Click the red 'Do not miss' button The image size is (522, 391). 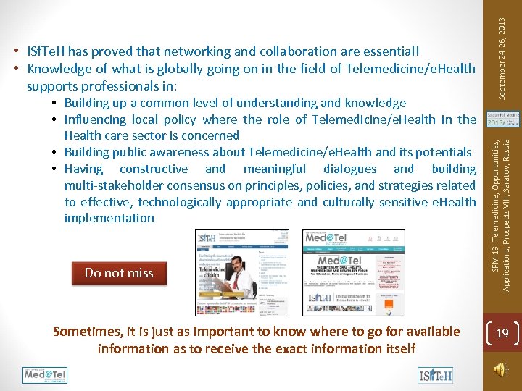119,273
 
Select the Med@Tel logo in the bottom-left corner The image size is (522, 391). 45,374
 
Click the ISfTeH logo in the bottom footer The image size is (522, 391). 435,375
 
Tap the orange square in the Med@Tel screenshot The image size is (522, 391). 389,305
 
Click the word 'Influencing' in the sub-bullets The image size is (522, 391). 95,119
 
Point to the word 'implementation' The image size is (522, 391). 109,218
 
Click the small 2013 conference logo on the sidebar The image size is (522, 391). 500,119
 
